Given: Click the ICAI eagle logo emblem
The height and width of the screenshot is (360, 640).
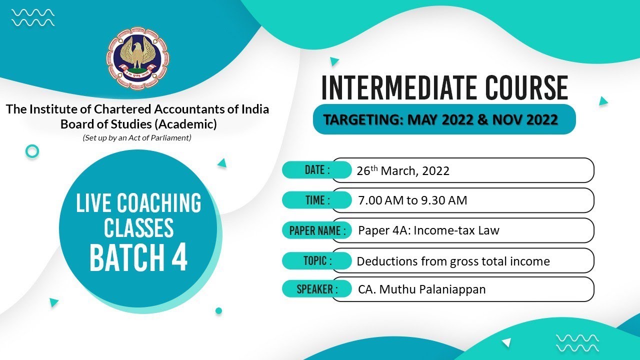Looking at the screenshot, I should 137,56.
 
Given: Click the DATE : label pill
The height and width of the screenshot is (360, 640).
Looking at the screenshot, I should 316,170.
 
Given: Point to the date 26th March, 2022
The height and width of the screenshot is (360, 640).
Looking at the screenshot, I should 403,171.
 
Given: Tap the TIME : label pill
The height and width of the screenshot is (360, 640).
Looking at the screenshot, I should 316,200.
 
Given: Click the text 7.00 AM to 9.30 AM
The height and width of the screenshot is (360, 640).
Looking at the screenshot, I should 412,201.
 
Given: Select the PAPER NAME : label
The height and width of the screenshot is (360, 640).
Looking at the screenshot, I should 317,230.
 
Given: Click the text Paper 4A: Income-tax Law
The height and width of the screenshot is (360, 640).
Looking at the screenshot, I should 428,230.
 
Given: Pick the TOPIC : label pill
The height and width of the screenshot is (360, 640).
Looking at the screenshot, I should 317,260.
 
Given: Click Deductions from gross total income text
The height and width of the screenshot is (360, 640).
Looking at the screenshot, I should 453,261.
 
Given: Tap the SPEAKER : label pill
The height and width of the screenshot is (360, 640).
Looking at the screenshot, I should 317,289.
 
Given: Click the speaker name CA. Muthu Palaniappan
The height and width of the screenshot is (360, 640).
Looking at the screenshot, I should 421,289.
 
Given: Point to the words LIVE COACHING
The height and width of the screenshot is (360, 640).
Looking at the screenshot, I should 138,203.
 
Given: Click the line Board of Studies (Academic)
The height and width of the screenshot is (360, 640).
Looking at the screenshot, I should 138,124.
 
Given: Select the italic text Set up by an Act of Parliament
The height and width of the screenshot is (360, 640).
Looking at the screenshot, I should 137,137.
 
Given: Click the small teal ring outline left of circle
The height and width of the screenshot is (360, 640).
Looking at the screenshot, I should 32,151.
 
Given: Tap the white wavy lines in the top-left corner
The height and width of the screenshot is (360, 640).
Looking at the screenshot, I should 33,17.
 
